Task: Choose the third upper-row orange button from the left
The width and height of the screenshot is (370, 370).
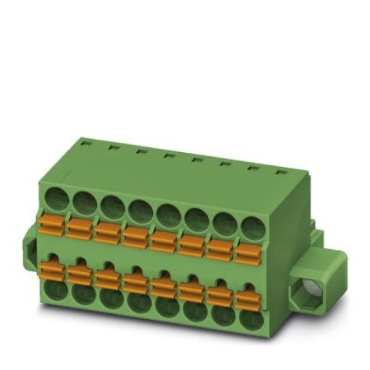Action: click(108, 230)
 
